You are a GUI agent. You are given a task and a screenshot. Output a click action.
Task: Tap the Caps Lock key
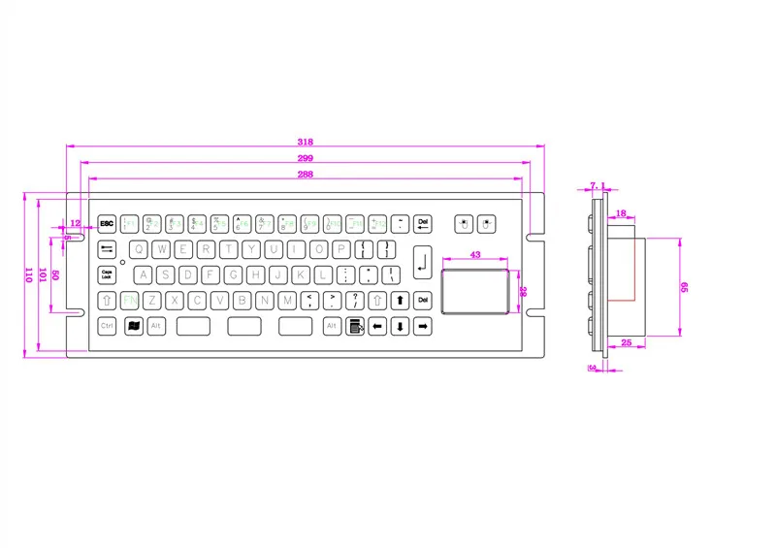click(106, 274)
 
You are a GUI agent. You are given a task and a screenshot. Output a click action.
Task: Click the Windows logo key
click(133, 326)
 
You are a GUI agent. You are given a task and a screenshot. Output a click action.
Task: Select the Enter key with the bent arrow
click(422, 260)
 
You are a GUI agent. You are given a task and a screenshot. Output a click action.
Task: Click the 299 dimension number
click(304, 158)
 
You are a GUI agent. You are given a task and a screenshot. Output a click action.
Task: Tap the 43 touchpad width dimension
click(475, 254)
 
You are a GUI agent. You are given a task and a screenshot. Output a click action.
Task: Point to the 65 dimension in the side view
click(683, 287)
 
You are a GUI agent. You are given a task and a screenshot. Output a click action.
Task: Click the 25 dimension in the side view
click(626, 342)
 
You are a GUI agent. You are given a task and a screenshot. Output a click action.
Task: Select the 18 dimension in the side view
click(621, 211)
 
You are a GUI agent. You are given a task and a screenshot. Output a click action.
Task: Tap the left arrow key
click(377, 326)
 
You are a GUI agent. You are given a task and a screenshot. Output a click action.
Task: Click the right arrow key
click(423, 326)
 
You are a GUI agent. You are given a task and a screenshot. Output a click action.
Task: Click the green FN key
click(128, 300)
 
